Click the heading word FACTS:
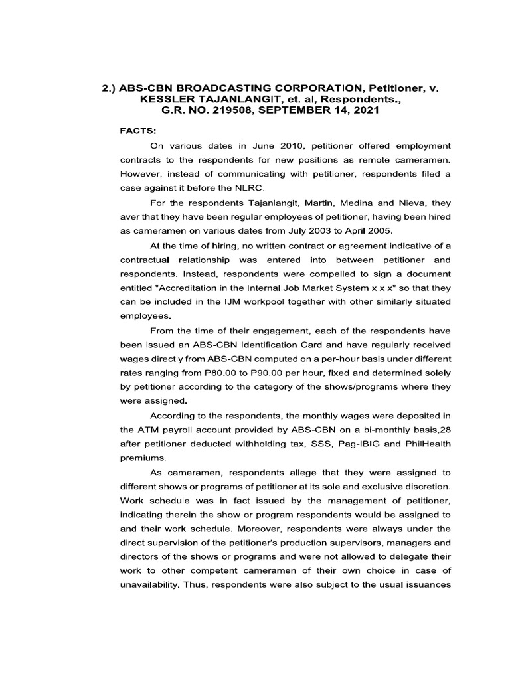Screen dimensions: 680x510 137,131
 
